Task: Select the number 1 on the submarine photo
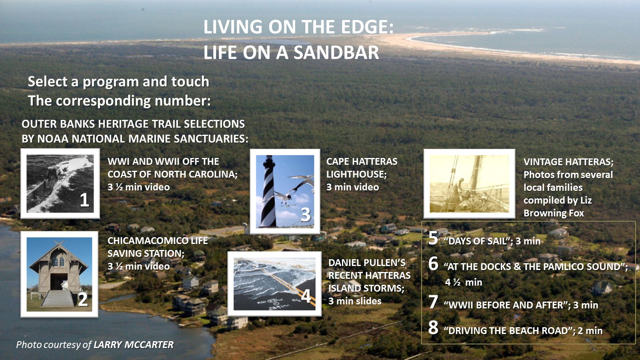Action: point(84,200)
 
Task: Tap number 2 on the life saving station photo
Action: point(82,299)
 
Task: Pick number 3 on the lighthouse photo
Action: point(305,214)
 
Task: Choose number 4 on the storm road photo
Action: point(306,296)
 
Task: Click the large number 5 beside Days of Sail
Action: point(433,238)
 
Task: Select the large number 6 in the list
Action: point(433,264)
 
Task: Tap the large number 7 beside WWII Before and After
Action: point(433,302)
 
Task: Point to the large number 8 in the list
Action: point(433,328)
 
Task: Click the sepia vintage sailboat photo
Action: point(469,184)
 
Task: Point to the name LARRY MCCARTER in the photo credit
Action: point(134,345)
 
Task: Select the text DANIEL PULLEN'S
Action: point(367,263)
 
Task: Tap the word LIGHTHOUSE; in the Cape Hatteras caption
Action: point(356,174)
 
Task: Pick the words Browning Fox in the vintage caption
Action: point(554,213)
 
